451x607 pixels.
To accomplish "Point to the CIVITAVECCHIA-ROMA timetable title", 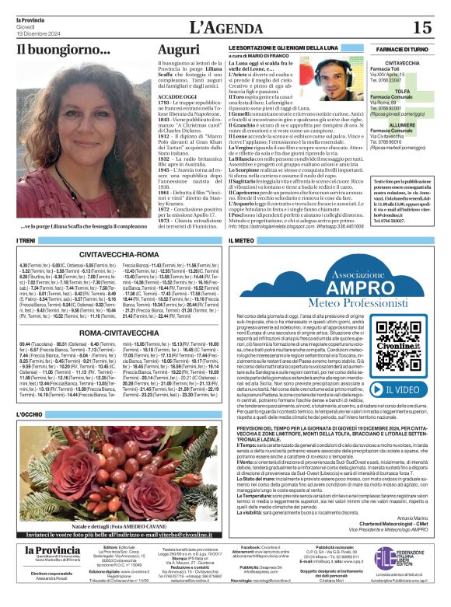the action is [109, 253].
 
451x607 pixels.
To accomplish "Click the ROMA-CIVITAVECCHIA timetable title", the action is [109, 332].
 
